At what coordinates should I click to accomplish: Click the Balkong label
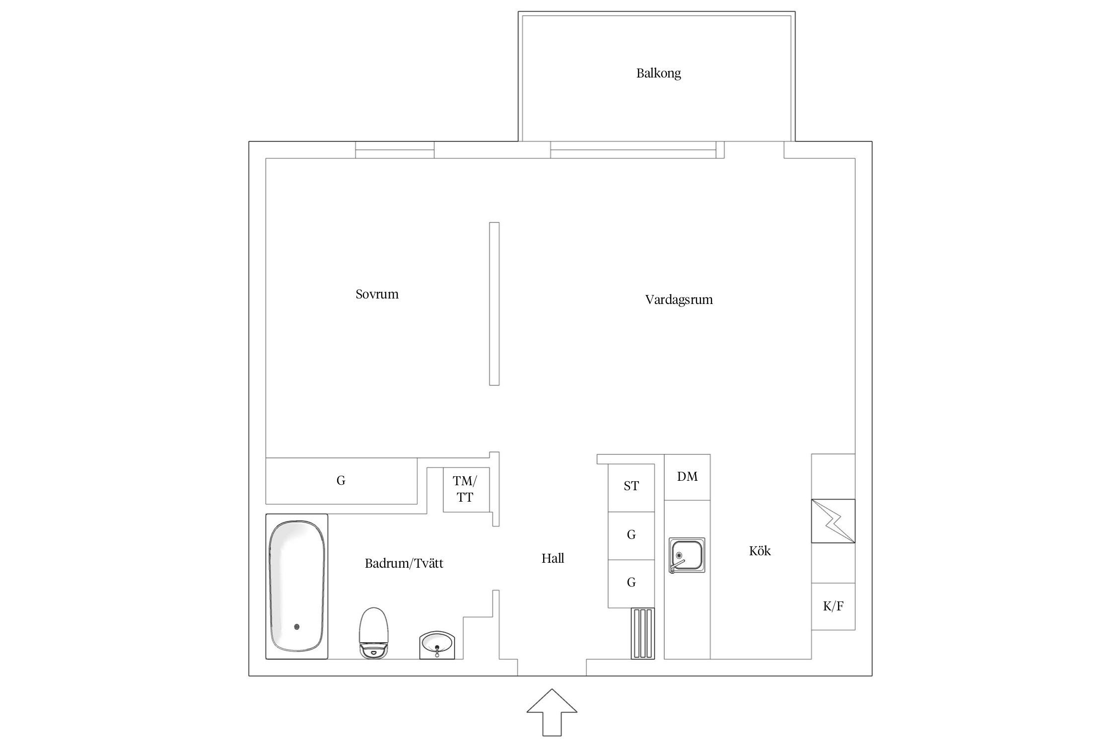658,74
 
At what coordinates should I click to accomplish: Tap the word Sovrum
377,294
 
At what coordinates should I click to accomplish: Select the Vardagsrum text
679,300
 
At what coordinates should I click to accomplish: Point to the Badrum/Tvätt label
404,563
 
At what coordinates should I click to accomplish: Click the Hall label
553,558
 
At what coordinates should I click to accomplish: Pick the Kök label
760,551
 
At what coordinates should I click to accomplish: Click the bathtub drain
297,627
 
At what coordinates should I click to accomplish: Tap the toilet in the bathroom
373,633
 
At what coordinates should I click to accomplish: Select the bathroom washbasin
437,645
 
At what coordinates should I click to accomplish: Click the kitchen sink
687,555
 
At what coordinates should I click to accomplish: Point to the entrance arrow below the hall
552,712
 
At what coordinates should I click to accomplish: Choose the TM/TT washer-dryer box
466,489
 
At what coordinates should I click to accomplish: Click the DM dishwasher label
687,477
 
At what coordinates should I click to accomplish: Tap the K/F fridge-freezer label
833,606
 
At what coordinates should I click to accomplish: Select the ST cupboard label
631,486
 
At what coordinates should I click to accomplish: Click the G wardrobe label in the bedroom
341,480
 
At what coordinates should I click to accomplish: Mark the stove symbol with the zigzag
833,521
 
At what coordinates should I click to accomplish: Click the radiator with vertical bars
643,634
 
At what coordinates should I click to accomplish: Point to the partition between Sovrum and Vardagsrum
494,303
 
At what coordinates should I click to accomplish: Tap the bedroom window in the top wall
395,150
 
